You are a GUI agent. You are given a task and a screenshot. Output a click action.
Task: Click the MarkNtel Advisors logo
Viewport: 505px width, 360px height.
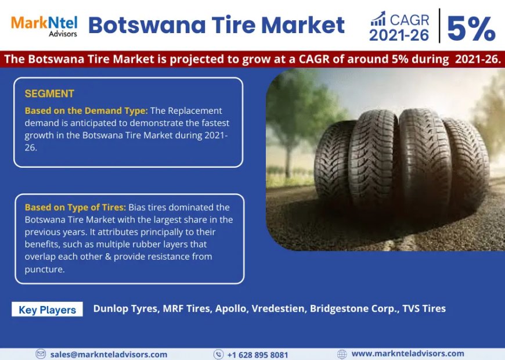click(44, 26)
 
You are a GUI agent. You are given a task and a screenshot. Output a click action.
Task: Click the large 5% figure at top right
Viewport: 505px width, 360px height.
click(471, 28)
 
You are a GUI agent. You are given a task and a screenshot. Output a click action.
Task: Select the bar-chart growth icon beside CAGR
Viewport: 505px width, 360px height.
click(378, 19)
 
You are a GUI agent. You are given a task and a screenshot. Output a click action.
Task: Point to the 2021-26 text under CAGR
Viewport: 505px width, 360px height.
click(399, 35)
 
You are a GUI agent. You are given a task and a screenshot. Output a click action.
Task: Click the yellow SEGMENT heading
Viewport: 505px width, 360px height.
click(49, 93)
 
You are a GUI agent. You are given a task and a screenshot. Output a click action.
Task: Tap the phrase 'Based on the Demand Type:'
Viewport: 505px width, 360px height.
click(86, 110)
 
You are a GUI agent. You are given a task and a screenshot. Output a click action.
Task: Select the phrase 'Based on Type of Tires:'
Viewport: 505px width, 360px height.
click(75, 207)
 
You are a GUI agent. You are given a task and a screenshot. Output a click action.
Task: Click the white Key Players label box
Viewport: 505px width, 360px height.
click(48, 309)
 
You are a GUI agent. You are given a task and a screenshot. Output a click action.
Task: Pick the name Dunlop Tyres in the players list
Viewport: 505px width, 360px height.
click(125, 309)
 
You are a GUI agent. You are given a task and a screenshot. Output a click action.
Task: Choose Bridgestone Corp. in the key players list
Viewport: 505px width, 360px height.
click(353, 309)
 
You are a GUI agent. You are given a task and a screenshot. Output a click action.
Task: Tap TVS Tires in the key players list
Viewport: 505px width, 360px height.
click(424, 309)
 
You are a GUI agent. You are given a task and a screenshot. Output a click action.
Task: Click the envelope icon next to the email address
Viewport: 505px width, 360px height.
click(41, 354)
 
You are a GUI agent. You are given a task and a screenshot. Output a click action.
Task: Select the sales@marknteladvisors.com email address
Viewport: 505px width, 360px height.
click(109, 355)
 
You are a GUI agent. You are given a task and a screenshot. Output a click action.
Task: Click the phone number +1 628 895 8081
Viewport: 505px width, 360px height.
click(258, 355)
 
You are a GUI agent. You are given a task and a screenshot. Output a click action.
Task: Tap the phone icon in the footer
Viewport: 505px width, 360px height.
click(218, 354)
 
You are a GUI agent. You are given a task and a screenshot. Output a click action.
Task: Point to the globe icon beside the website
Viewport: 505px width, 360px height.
click(342, 354)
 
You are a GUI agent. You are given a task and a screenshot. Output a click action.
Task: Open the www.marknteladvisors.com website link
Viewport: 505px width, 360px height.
click(408, 354)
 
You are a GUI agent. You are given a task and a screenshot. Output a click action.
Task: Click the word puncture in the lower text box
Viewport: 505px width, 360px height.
click(45, 269)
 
